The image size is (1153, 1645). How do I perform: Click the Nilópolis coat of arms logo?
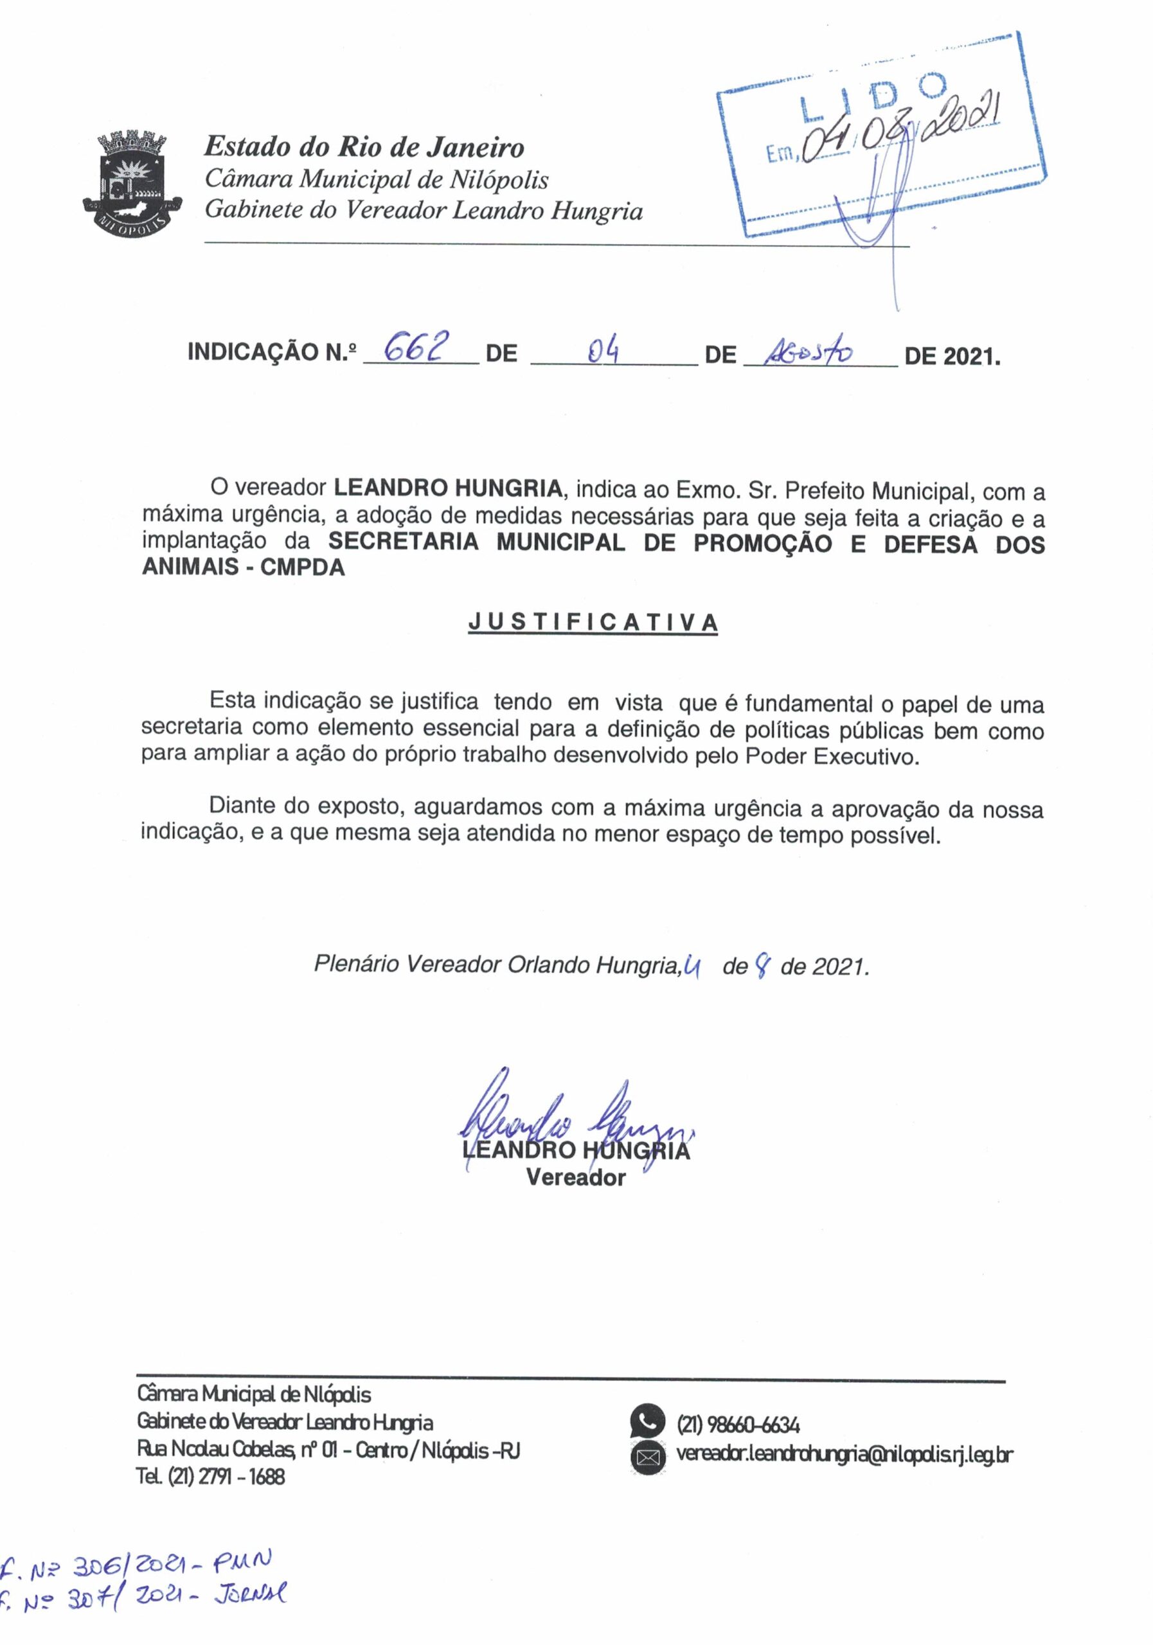click(x=132, y=184)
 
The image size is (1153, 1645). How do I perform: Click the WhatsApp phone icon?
click(x=648, y=1421)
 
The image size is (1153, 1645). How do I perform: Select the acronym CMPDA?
click(x=303, y=567)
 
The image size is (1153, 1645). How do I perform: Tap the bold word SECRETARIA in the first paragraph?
click(x=404, y=542)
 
